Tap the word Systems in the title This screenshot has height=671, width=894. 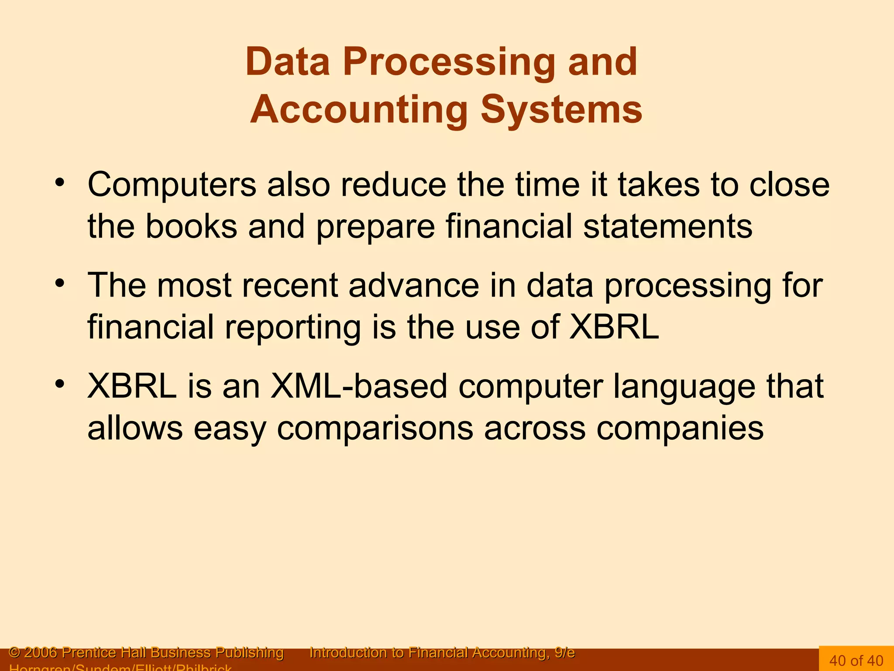coord(561,110)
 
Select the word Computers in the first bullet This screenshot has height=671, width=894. coord(172,185)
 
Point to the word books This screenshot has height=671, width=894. coord(191,226)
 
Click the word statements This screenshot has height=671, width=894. coord(668,226)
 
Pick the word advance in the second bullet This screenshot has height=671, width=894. coord(414,285)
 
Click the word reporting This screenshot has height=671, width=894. coord(292,328)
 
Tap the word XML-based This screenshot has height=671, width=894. coord(359,386)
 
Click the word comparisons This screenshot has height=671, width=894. coord(375,429)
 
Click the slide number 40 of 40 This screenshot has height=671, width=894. coord(856,660)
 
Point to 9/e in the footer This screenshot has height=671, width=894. coord(564,653)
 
